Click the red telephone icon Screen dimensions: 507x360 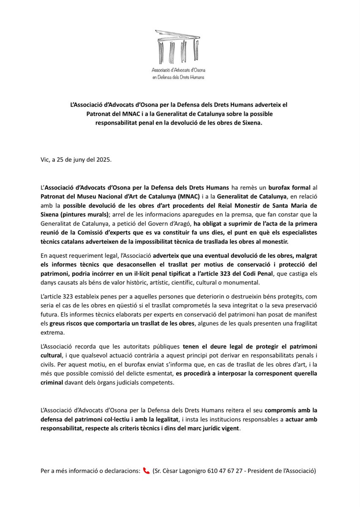pos(147,471)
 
